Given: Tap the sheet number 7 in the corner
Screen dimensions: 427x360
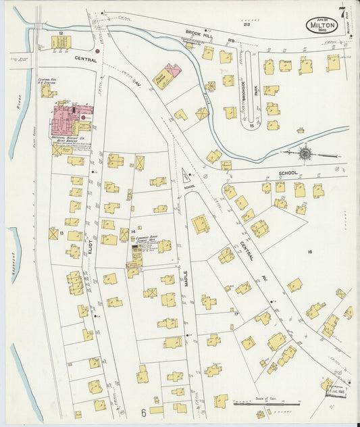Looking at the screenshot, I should coord(342,12).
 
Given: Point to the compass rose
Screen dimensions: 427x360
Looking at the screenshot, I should coord(306,153).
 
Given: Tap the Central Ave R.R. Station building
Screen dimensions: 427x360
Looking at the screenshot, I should coord(47,91).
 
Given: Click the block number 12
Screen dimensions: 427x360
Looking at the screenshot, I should coord(61,32).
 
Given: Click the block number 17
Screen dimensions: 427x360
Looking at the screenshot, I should coord(236,313).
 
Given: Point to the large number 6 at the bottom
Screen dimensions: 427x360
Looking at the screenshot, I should coord(143,411).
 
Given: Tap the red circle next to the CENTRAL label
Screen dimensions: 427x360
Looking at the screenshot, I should coord(98,51).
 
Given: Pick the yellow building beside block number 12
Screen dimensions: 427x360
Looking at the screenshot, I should coord(61,42).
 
